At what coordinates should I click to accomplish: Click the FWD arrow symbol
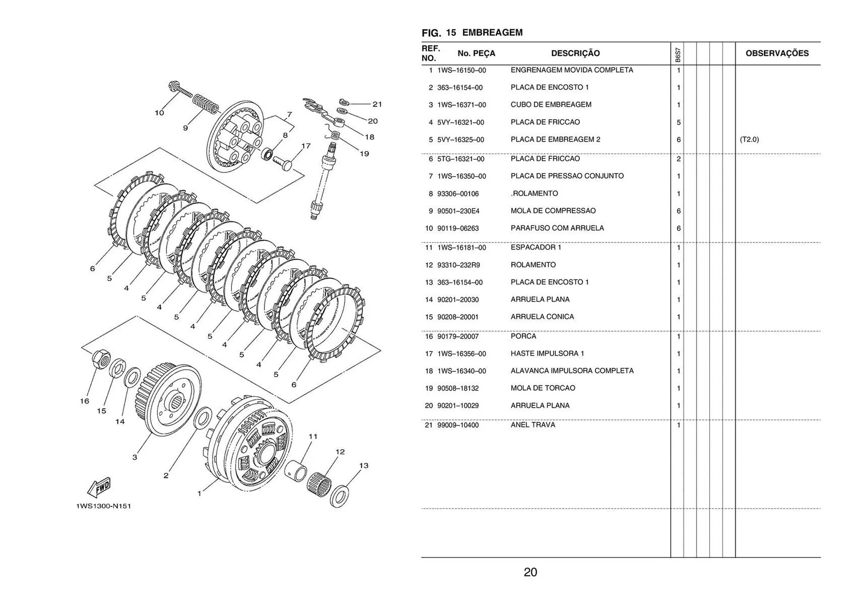point(100,488)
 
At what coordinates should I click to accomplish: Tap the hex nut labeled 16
point(102,358)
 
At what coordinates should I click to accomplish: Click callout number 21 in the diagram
point(377,104)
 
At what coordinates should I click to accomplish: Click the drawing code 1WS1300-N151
point(103,506)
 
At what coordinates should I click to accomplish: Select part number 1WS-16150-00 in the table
point(461,70)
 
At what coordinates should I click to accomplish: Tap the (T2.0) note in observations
point(749,140)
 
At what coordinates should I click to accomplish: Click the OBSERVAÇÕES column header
point(777,53)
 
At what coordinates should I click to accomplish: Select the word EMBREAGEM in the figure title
point(492,32)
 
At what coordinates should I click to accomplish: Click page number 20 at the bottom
point(530,572)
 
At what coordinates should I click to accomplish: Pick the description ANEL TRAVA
point(533,425)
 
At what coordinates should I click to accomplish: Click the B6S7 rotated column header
point(677,55)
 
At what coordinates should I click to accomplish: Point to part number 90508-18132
point(458,388)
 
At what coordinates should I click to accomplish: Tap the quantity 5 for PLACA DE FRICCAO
point(678,122)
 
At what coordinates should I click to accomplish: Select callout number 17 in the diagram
point(305,146)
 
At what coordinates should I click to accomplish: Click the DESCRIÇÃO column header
point(575,53)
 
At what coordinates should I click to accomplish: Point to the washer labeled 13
point(340,496)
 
